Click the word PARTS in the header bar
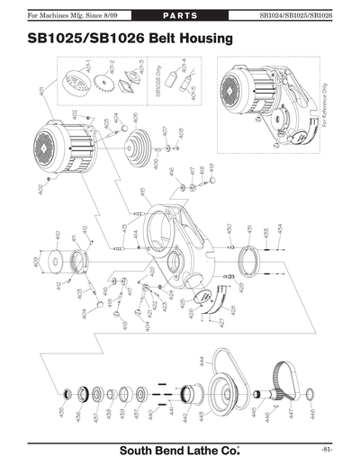tap(180, 15)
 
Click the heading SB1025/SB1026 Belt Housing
tap(125, 39)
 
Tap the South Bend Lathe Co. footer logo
tap(180, 449)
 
